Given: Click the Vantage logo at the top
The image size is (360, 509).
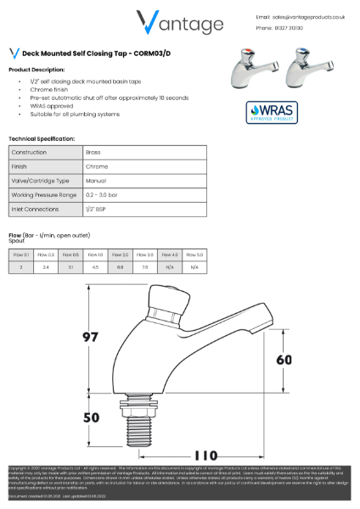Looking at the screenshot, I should (179, 23).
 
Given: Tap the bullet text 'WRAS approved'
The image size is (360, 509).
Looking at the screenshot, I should (50, 107).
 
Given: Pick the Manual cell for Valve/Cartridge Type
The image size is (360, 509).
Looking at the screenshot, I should (95, 182).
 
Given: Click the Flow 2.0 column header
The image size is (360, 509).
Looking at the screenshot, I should (120, 255).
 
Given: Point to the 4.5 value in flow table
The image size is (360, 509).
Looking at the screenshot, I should (96, 267).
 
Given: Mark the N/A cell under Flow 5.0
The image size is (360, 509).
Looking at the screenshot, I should (194, 267).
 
